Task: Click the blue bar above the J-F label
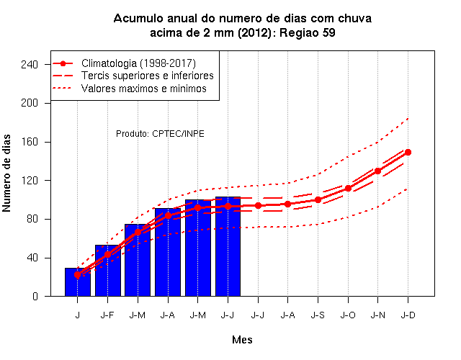(107, 271)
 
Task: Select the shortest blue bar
(78, 282)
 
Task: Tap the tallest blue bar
(228, 246)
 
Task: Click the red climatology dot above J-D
(408, 152)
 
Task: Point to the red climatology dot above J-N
(377, 171)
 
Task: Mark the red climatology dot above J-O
(348, 188)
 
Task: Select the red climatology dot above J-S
(318, 199)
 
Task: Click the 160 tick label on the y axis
(30, 142)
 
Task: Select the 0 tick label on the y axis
(35, 296)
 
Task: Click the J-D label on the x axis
(408, 315)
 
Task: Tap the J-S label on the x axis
(318, 315)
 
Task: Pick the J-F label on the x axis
(107, 315)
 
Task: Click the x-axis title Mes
(242, 340)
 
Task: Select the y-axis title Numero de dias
(6, 173)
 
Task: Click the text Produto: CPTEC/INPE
(160, 134)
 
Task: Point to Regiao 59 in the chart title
(308, 32)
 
